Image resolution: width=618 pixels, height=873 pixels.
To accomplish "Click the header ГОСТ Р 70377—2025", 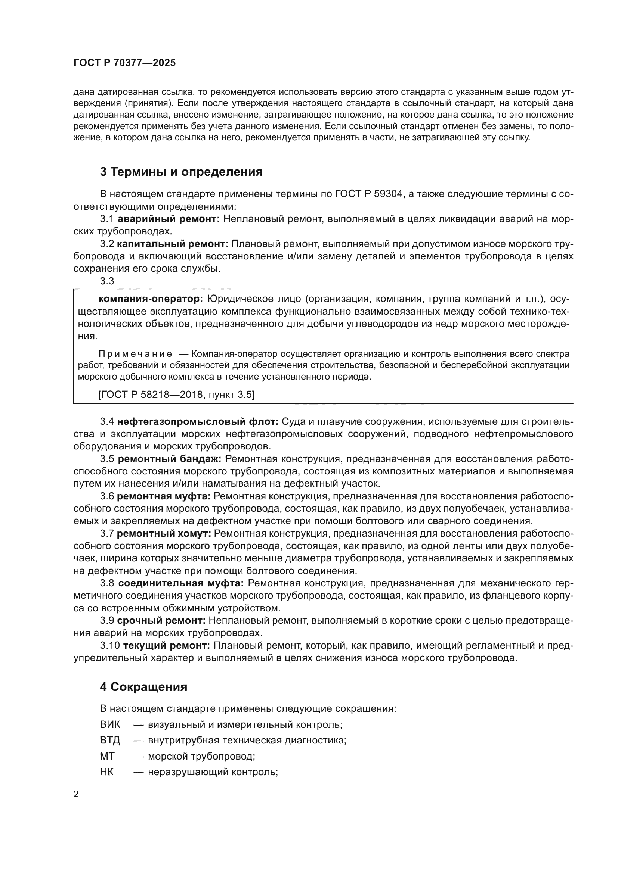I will coord(124,63).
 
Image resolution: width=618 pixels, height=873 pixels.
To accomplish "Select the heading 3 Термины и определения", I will coord(181,172).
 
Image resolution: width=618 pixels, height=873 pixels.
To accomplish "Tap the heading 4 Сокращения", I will coord(143,687).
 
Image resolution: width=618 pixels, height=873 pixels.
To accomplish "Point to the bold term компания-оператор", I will coord(151,299).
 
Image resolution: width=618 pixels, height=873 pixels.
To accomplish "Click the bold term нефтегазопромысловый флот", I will coord(198,422).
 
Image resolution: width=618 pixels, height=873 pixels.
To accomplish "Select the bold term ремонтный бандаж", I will coord(169,459).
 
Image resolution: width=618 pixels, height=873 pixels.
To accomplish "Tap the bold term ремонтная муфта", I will coord(164,496).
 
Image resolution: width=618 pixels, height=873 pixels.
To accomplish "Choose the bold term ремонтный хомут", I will coord(164,533).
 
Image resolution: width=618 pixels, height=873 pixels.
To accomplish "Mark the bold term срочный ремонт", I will coord(161,621).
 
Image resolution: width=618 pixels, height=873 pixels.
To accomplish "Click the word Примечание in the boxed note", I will coord(135,354).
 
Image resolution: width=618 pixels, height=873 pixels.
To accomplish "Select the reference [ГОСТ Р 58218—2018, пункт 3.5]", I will coord(177,394).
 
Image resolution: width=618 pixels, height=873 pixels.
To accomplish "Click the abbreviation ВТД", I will coord(110,740).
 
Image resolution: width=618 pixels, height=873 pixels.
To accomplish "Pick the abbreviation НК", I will coord(107,772).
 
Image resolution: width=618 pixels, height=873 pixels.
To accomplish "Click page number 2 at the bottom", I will coord(76,794).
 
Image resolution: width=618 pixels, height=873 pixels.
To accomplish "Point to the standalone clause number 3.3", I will coord(107,281).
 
